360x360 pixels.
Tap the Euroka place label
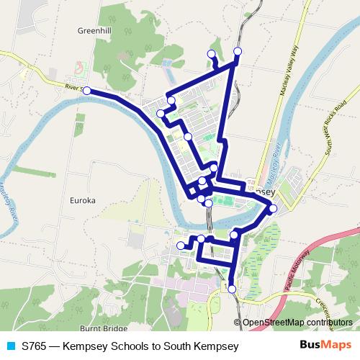tap(84, 201)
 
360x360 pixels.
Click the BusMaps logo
tap(325, 346)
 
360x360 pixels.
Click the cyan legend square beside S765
tap(10, 346)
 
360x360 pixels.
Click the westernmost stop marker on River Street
tap(87, 91)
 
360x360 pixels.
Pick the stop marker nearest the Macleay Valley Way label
tap(238, 51)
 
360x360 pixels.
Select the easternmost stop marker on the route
tap(273, 209)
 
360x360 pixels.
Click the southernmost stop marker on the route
tap(232, 289)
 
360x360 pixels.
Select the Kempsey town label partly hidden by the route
tap(261, 193)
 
